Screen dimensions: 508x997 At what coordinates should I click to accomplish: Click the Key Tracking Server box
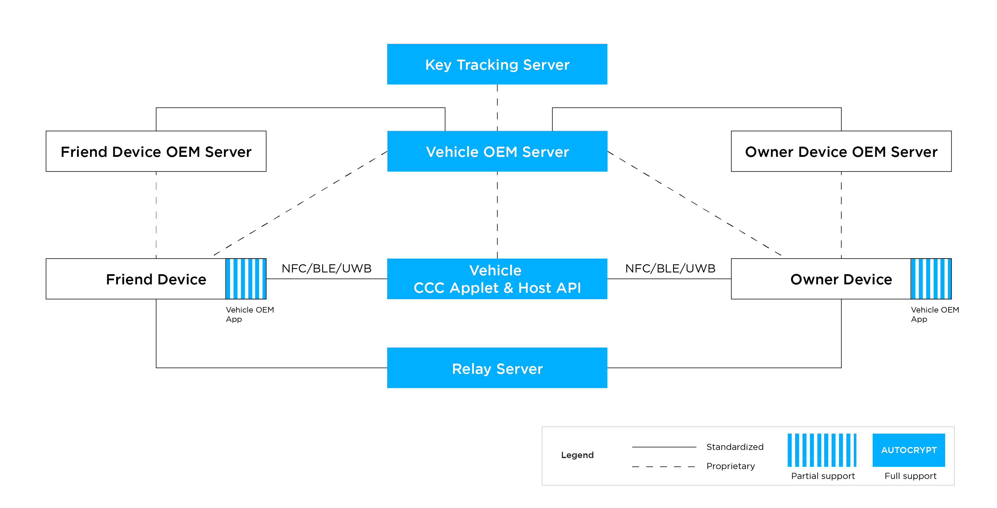tap(497, 64)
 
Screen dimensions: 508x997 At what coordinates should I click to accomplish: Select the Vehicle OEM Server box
tap(497, 151)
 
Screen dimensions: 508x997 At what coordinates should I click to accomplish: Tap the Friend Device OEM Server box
tap(156, 151)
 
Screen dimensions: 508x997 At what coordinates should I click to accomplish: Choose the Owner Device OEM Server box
tap(841, 151)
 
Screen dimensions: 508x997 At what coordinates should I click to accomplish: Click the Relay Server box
tap(497, 368)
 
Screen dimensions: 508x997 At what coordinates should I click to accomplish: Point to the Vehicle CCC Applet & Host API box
tap(497, 279)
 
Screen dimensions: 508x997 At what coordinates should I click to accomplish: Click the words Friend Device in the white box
tap(156, 279)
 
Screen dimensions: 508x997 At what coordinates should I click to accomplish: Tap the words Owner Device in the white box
tap(841, 279)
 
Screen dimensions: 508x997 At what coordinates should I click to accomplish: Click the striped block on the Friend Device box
tap(246, 279)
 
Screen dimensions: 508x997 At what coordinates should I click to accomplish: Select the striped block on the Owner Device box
tap(931, 279)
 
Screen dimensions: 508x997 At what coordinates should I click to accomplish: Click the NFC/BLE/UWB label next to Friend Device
tap(326, 268)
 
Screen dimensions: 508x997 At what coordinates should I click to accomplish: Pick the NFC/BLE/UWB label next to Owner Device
tap(670, 268)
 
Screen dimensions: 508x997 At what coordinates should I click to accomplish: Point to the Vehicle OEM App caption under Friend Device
tap(250, 314)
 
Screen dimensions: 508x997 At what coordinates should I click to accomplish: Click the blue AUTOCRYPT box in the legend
tap(909, 450)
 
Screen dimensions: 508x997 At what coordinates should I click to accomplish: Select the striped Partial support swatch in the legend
tap(822, 450)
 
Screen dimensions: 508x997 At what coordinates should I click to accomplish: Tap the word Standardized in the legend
tap(735, 447)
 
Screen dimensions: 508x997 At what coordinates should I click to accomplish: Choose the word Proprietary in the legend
tap(730, 466)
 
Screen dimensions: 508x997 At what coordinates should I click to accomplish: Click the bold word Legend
tap(577, 455)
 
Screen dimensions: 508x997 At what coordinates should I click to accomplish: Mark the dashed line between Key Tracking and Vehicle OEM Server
tap(497, 107)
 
